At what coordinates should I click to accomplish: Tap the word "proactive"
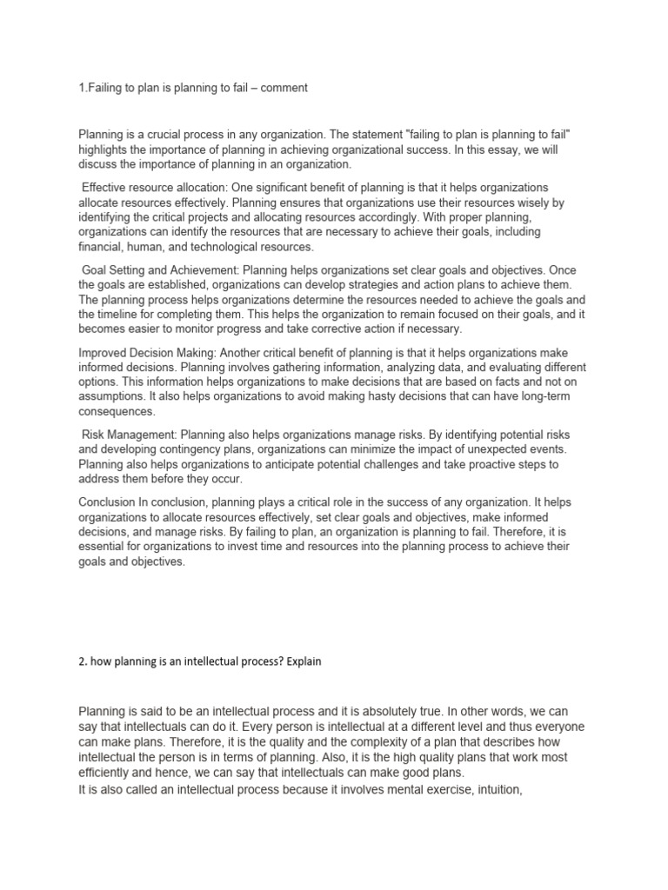point(490,464)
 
